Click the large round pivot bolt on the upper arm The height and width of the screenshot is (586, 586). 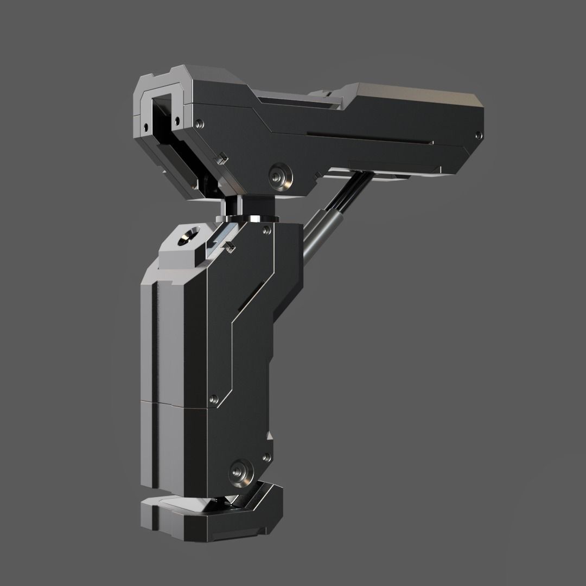pos(280,175)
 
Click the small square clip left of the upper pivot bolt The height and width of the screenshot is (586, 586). pos(221,159)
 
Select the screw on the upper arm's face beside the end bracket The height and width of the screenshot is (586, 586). pos(200,124)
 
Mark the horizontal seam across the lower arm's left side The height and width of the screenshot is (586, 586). pos(174,404)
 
